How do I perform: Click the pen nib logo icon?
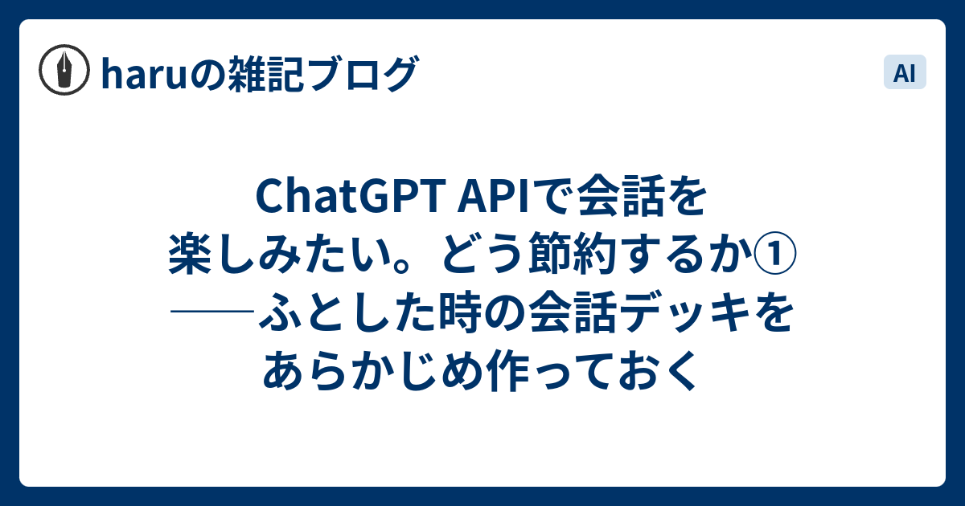[64, 70]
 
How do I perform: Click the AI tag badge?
[905, 71]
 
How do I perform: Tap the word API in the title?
[493, 196]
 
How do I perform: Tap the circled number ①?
[774, 255]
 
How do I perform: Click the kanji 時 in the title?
[460, 312]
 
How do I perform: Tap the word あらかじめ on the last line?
[371, 370]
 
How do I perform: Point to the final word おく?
[659, 370]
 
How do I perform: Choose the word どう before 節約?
[481, 254]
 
